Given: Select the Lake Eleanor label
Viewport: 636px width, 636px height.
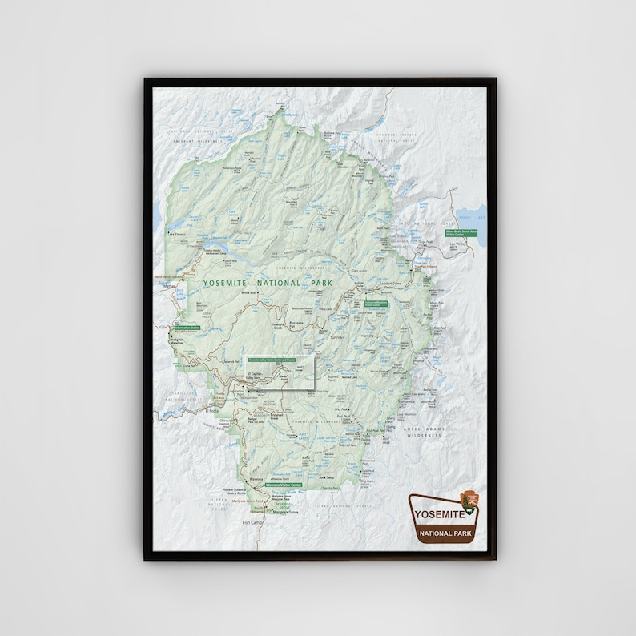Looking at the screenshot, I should coord(175,234).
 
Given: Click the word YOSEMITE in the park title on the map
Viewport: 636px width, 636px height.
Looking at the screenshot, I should coord(227,283).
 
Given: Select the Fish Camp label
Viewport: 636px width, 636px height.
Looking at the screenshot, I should coord(252,522).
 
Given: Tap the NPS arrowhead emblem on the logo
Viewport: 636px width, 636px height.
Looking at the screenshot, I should coord(473,502).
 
